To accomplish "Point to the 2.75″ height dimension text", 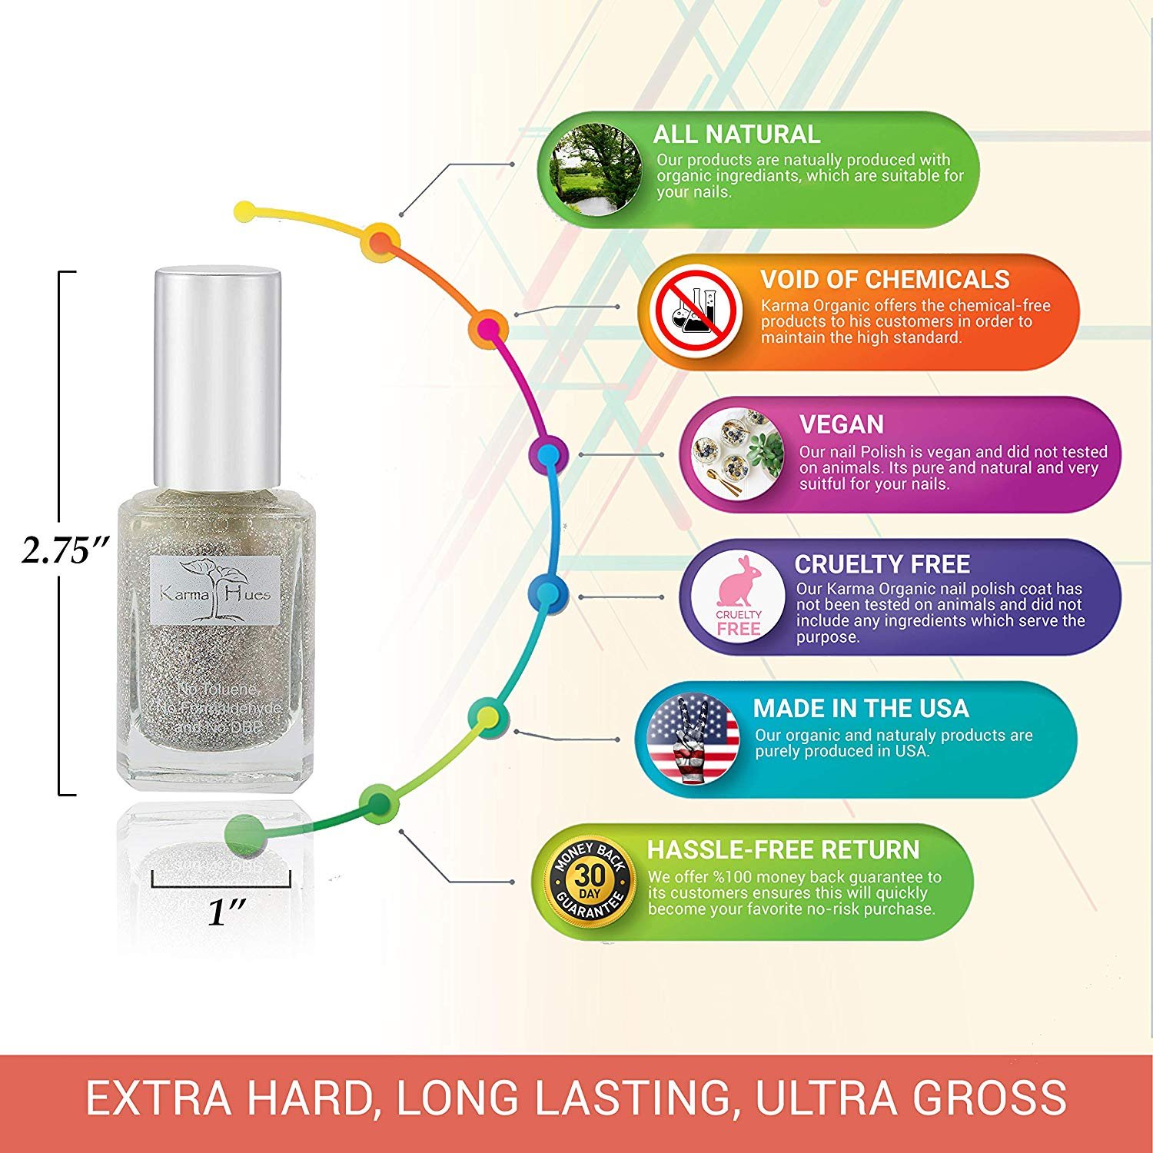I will point(65,550).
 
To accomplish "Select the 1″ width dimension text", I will point(227,912).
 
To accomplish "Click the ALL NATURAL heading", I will point(736,135).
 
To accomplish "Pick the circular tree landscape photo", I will point(596,170).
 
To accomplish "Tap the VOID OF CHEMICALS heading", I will point(885,279).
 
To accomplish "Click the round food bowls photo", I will point(737,454).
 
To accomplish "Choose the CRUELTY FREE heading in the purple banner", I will point(882,564).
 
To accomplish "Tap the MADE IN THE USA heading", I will point(860,708).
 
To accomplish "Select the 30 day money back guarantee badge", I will point(590,881).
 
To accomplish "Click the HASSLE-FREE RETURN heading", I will point(783,849).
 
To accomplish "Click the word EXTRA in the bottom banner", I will point(159,1098).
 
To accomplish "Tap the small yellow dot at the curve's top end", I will point(244,211).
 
